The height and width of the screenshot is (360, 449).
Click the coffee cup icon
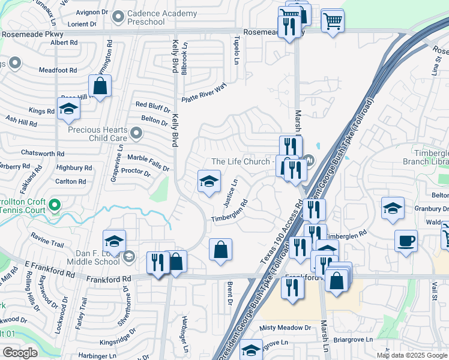(406, 241)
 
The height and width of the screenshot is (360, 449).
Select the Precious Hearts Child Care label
(97, 134)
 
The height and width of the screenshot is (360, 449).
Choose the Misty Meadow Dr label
(286, 328)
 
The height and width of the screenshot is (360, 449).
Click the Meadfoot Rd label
(58, 70)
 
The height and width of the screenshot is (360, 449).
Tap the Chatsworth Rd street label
(42, 153)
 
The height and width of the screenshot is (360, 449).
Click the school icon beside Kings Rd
(69, 109)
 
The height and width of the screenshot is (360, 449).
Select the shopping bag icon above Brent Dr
(220, 249)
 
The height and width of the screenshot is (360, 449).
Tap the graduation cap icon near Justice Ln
(209, 181)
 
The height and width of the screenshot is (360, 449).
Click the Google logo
(20, 353)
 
